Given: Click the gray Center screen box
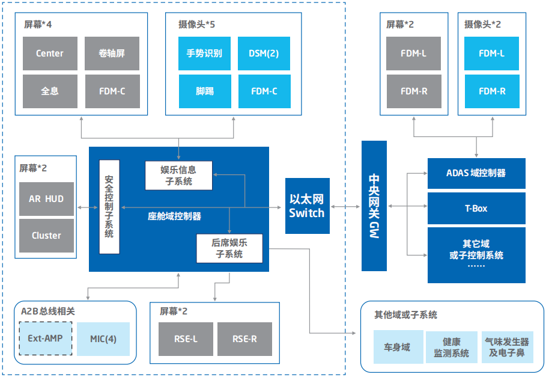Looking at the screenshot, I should (x=50, y=54).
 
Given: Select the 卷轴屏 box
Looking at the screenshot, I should (x=112, y=54).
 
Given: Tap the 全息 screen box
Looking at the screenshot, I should (x=50, y=91).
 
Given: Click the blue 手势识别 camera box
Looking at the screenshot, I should (x=204, y=54).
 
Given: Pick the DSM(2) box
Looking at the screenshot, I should (x=264, y=54).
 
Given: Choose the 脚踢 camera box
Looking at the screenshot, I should (x=204, y=91).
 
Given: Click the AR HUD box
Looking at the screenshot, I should (x=46, y=199).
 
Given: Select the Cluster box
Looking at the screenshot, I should (x=46, y=236).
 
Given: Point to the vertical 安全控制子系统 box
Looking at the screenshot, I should (x=109, y=207).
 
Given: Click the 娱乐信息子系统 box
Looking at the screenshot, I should (x=178, y=176).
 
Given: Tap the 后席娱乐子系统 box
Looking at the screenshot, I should (x=229, y=249).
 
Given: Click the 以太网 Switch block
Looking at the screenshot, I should (x=307, y=206).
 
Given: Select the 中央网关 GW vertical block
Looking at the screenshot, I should (x=374, y=206).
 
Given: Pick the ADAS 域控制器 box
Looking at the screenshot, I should (x=476, y=173).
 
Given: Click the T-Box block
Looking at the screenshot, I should (x=476, y=209).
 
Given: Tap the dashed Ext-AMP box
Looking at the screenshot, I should (x=45, y=339).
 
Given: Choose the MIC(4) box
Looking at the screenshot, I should (x=103, y=339).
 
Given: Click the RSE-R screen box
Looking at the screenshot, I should (x=244, y=339).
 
